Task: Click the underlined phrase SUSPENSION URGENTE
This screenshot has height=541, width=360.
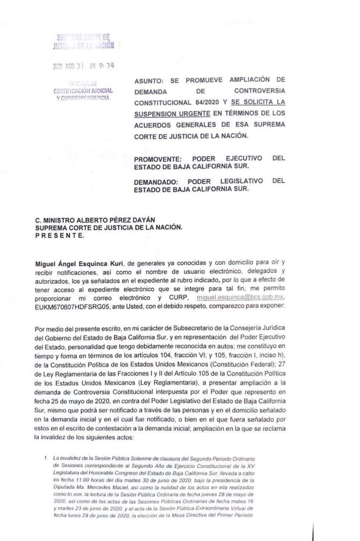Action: [172, 114]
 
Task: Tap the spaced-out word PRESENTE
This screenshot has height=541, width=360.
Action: [60, 235]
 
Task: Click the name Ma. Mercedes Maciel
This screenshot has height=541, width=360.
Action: [95, 486]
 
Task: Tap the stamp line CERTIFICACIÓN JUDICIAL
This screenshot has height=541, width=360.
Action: [83, 91]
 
